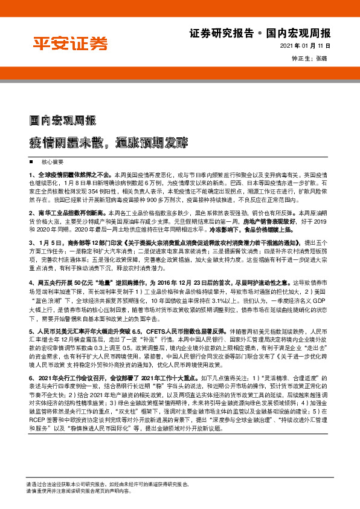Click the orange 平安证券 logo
click(70, 44)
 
